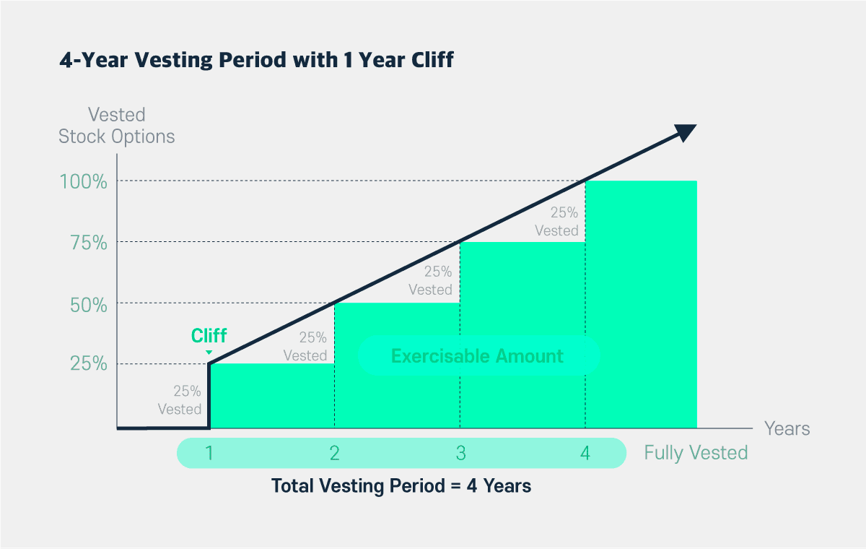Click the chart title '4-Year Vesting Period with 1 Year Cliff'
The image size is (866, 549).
click(x=256, y=60)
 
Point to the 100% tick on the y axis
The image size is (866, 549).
click(x=89, y=181)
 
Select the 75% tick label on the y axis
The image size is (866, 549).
click(x=89, y=243)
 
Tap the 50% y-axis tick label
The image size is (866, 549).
click(x=89, y=303)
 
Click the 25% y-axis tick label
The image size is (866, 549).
click(x=89, y=364)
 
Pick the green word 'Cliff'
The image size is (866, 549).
click(x=209, y=336)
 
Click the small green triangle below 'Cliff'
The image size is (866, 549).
click(x=209, y=353)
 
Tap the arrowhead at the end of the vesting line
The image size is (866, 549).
click(x=684, y=133)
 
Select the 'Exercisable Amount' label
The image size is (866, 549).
click(x=477, y=356)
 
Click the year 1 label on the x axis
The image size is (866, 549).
click(x=209, y=454)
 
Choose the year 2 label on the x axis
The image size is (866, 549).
click(x=335, y=454)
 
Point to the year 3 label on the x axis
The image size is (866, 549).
click(x=460, y=454)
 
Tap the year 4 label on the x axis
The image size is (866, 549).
click(x=585, y=454)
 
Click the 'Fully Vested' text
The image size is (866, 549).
click(x=696, y=453)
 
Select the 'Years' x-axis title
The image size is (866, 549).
click(x=787, y=428)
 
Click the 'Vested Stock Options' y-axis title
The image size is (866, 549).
click(x=117, y=125)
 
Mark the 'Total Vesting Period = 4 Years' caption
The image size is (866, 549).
click(x=401, y=486)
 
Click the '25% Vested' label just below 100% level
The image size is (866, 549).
click(x=557, y=222)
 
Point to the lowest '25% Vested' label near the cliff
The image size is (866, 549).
click(x=180, y=400)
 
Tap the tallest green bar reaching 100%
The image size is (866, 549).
click(x=641, y=303)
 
